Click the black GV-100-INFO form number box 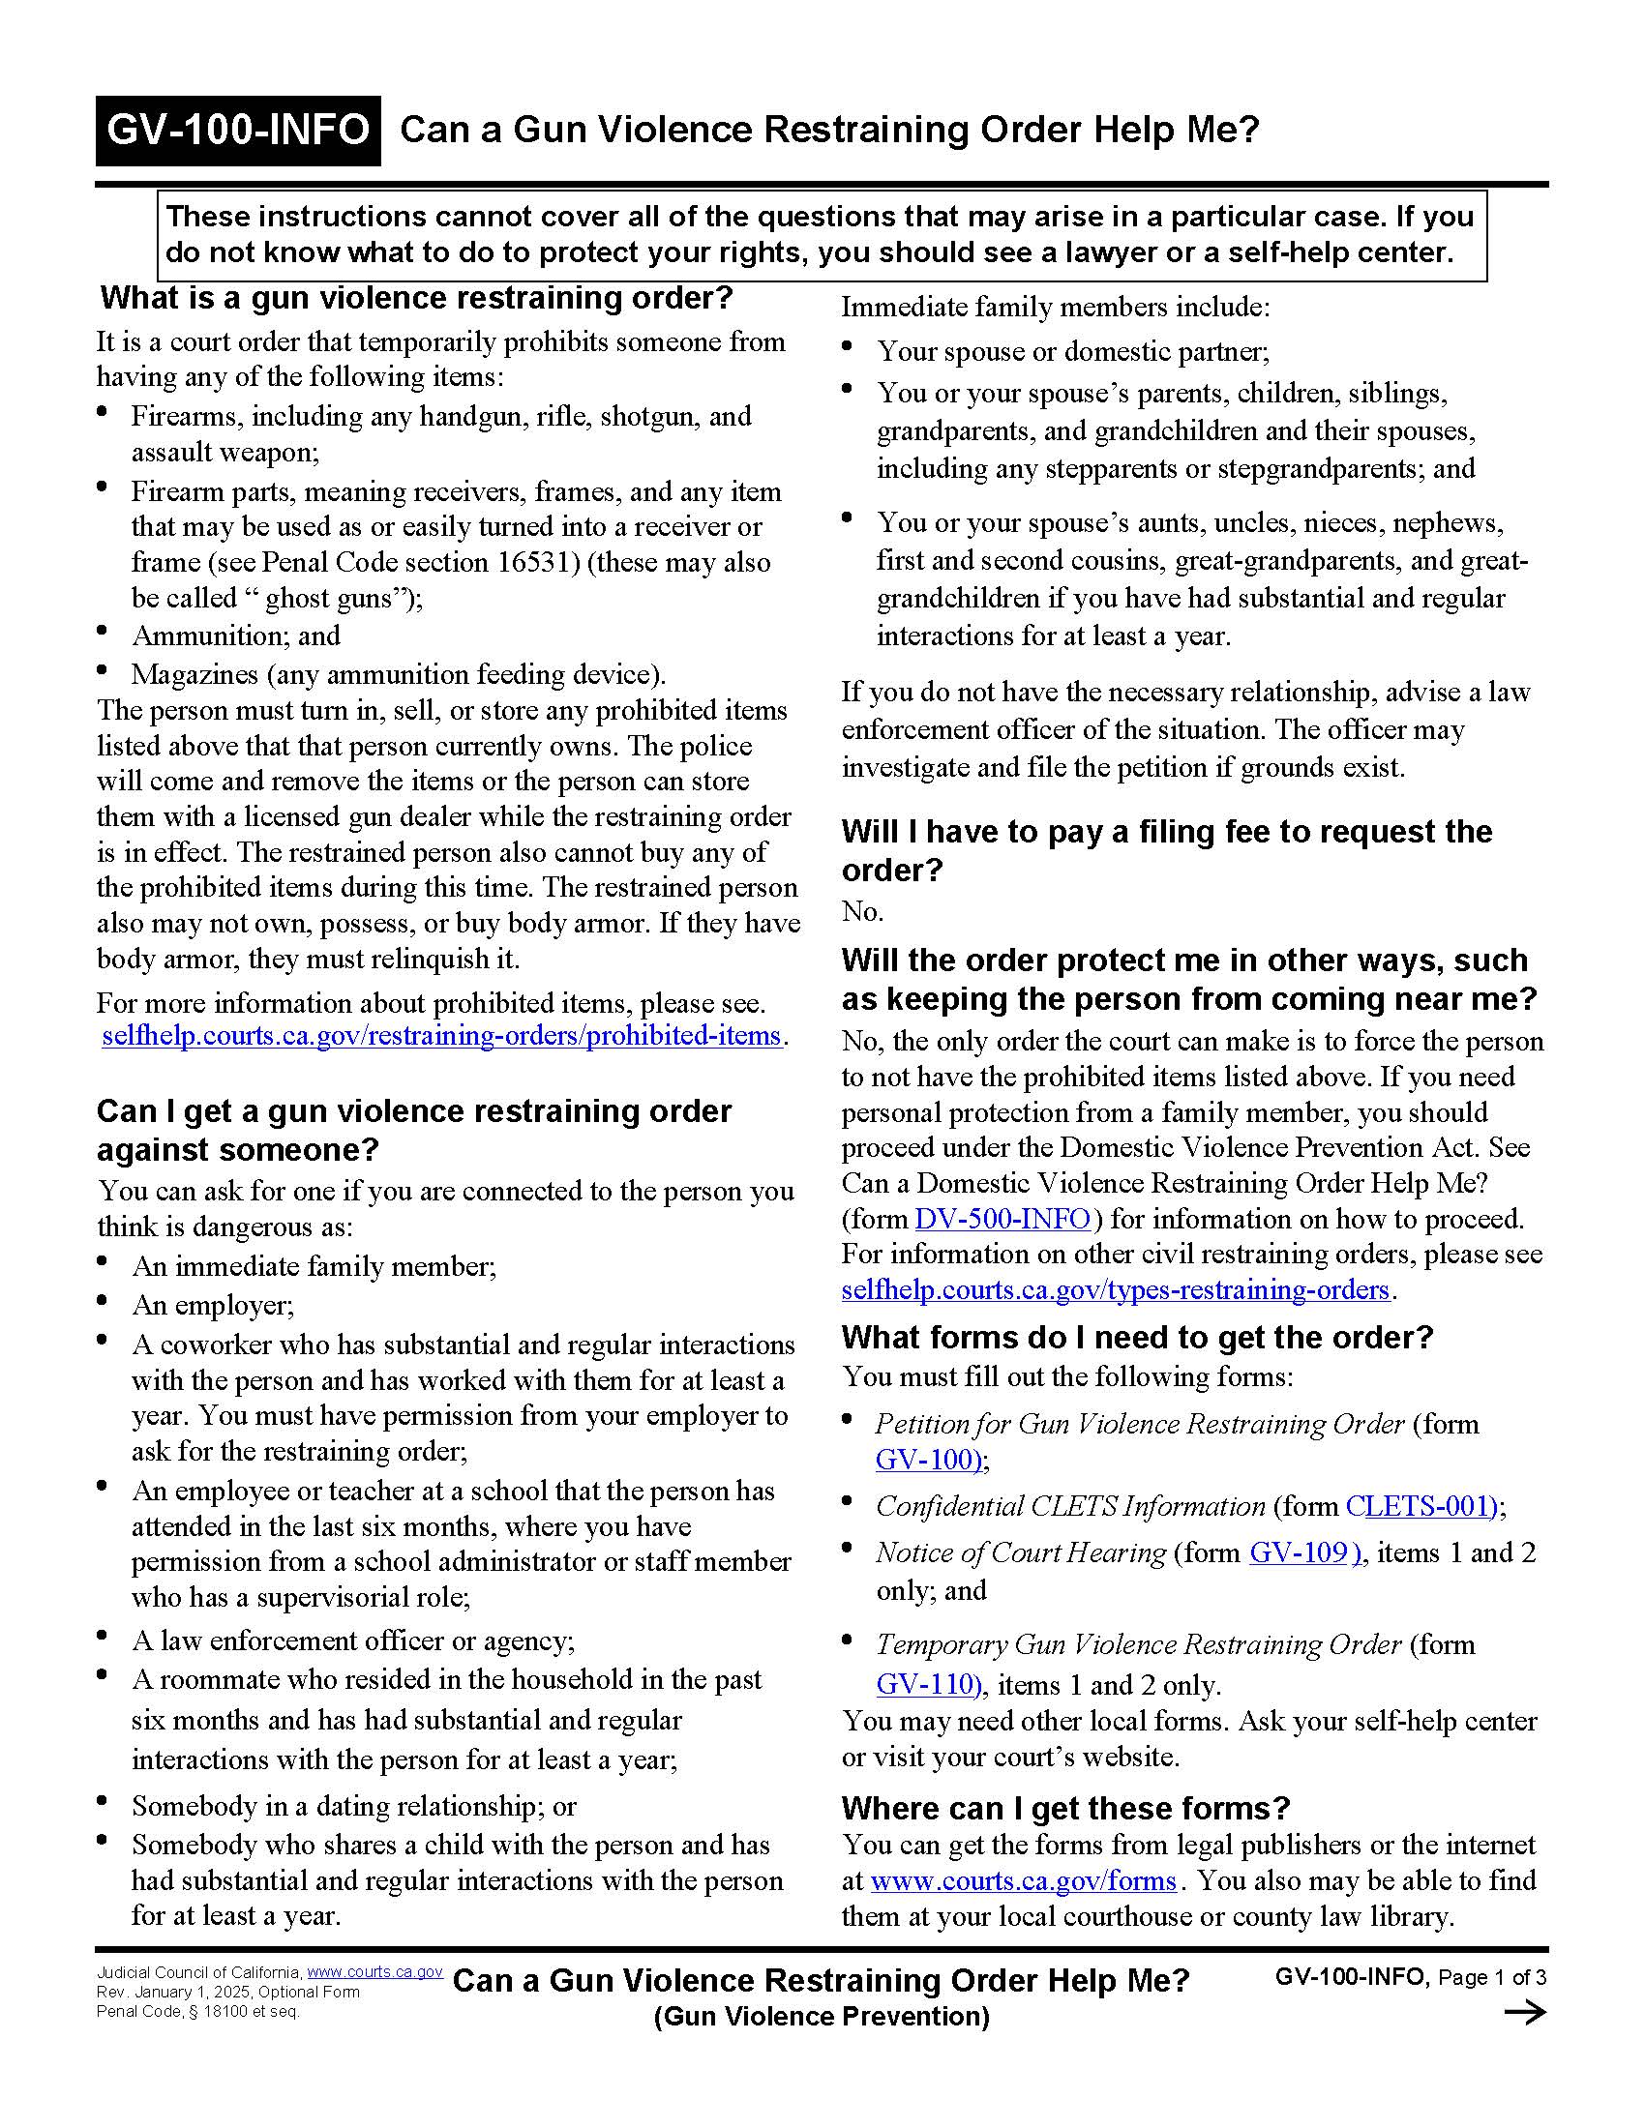coord(238,131)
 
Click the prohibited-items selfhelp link coord(440,1035)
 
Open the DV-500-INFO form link coord(1002,1219)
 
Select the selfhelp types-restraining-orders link coord(1115,1290)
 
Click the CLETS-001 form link coord(1421,1506)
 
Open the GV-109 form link coord(1304,1552)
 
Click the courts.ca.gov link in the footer coord(374,1972)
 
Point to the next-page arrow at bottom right coord(1524,2013)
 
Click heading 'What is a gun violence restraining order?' coord(416,297)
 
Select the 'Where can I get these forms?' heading coord(1065,1809)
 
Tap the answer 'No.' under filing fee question coord(862,911)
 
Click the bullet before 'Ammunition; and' coord(103,631)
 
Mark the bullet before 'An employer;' coord(103,1300)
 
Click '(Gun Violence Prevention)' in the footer coord(821,2017)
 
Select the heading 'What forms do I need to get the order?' coord(1136,1337)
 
